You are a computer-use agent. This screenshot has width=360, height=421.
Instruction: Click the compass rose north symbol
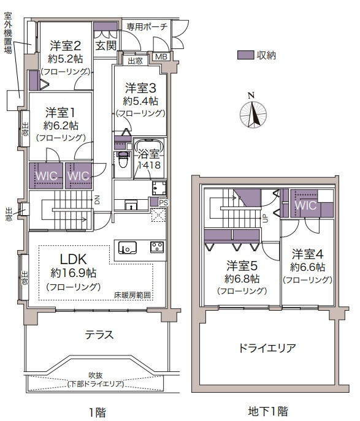253,113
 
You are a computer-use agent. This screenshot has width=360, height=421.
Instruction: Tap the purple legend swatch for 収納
245,55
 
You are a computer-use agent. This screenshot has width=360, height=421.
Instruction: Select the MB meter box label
161,56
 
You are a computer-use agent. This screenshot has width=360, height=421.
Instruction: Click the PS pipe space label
163,202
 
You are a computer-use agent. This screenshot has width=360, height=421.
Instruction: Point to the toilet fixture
123,159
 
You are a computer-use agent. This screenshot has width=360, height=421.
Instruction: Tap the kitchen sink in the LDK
128,248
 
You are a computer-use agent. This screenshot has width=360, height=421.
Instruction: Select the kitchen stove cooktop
157,247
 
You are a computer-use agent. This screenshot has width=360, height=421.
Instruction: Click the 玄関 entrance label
105,45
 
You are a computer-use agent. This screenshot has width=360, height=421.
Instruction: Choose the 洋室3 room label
140,88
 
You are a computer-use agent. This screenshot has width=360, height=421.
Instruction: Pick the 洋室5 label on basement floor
242,265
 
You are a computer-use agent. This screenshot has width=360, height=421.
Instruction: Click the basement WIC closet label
305,206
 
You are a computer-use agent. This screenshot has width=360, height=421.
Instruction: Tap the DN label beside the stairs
97,200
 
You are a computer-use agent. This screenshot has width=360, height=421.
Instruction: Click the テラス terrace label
99,335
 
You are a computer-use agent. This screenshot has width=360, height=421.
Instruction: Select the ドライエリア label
267,348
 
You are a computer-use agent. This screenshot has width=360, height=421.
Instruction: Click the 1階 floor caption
97,412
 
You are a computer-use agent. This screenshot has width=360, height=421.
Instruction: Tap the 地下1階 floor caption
268,411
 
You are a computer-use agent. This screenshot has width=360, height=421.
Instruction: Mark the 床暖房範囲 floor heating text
132,295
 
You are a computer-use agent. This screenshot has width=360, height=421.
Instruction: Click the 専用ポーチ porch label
147,26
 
